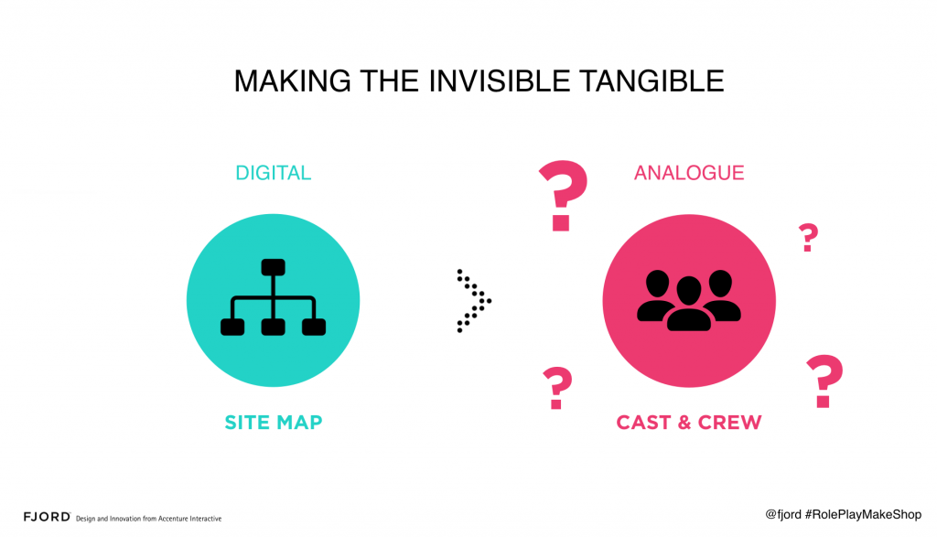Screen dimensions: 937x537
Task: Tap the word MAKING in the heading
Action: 292,81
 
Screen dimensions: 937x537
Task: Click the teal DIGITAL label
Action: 273,173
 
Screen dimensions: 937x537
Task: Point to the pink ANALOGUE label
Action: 689,173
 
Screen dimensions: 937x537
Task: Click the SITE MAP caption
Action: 273,423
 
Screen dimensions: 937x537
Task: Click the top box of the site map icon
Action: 273,267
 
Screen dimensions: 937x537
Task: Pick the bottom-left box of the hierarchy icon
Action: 232,328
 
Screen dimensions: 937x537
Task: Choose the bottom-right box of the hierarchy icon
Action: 314,328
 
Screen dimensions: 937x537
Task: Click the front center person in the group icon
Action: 689,305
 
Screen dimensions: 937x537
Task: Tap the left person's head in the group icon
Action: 657,283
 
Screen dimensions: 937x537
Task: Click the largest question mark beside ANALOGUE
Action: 563,196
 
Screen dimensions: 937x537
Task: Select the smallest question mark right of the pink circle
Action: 809,237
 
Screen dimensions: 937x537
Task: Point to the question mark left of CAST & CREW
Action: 557,388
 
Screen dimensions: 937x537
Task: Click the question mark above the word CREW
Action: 824,381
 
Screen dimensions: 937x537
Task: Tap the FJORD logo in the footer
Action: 47,517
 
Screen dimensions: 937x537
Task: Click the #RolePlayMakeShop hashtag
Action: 863,514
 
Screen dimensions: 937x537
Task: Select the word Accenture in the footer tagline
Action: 172,519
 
